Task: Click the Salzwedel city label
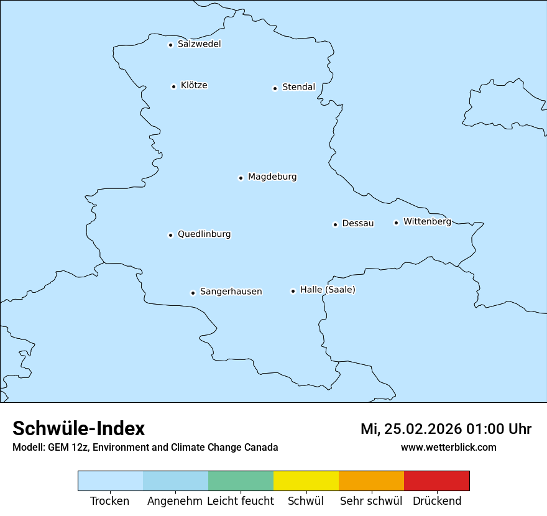click(x=199, y=44)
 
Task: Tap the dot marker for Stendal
click(x=275, y=88)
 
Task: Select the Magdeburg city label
click(x=272, y=177)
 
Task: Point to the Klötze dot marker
click(x=173, y=86)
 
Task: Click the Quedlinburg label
click(x=204, y=234)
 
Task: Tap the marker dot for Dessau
click(x=335, y=224)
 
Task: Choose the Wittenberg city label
click(x=427, y=221)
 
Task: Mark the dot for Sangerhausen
click(x=193, y=293)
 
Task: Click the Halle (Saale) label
click(x=328, y=290)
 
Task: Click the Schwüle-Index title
click(x=79, y=428)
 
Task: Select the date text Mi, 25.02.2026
click(x=411, y=429)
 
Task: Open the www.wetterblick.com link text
click(x=448, y=448)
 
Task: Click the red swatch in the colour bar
click(x=436, y=481)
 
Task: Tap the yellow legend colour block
click(x=306, y=481)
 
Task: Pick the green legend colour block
click(x=241, y=481)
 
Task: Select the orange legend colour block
click(x=371, y=481)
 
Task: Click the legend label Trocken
click(x=110, y=501)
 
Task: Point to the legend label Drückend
click(x=437, y=501)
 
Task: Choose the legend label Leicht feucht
click(x=241, y=501)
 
